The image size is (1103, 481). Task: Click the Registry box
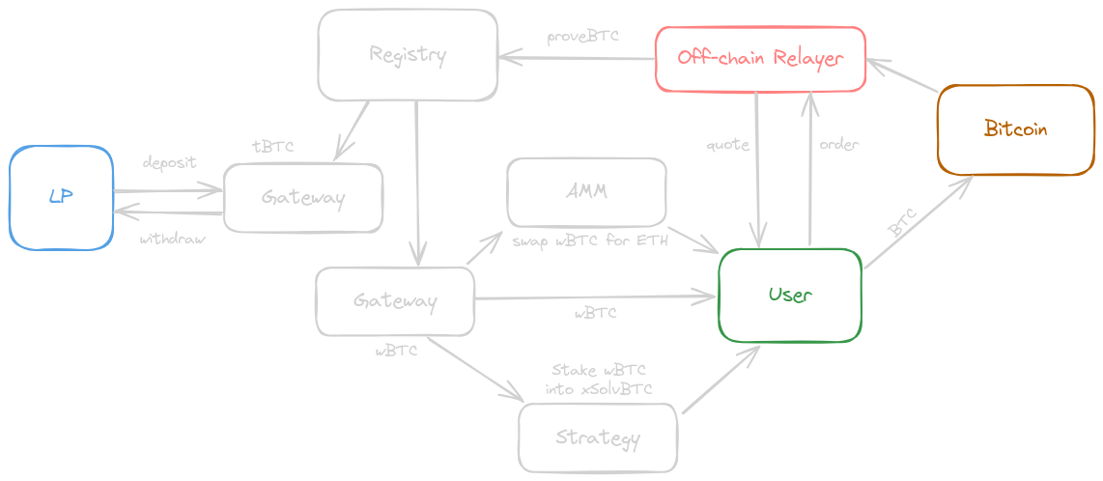[407, 55]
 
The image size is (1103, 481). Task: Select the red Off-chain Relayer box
[760, 59]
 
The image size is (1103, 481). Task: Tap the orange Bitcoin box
[1014, 129]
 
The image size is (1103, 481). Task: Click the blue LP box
[61, 197]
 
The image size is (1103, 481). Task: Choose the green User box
[789, 295]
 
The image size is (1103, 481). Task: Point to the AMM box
[586, 191]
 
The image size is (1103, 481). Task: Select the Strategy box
[597, 438]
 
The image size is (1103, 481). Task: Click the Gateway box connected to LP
[302, 198]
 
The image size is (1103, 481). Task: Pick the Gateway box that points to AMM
[394, 301]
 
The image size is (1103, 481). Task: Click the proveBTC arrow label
[582, 37]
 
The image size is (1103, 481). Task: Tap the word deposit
[169, 162]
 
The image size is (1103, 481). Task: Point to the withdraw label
[172, 239]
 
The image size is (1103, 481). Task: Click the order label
[838, 145]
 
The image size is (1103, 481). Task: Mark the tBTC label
[272, 147]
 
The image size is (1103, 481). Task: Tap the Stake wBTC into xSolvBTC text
[599, 381]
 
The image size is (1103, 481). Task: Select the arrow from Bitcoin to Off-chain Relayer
[902, 76]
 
